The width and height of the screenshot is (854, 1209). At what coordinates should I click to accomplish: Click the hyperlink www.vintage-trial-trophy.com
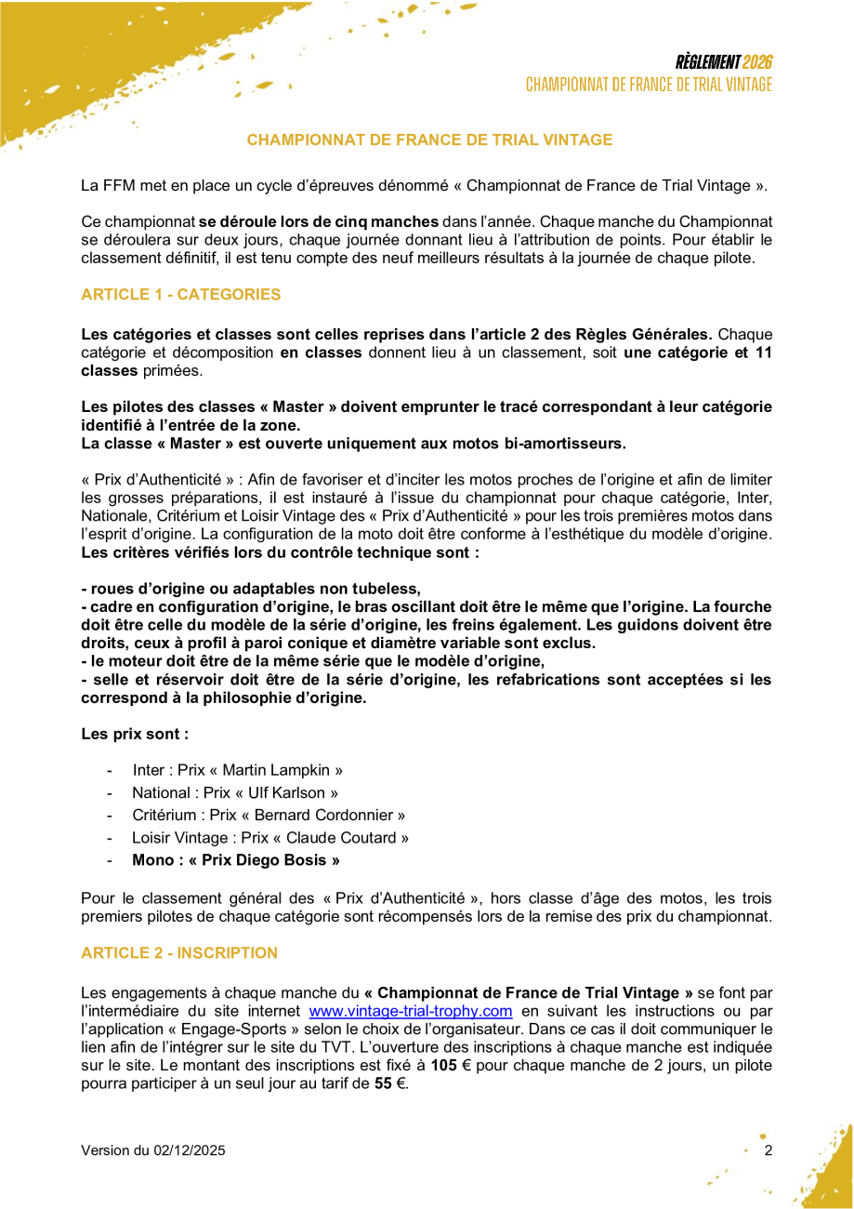[411, 1011]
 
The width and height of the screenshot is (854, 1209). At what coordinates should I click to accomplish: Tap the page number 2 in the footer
[768, 1150]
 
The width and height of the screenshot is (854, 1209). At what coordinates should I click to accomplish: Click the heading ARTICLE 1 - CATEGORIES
[180, 295]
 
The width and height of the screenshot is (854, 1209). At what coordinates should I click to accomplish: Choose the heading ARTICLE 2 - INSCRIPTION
[179, 953]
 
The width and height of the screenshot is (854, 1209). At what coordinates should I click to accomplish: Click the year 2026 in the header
[757, 62]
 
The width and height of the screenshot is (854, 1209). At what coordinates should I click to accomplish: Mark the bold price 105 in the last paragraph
[443, 1066]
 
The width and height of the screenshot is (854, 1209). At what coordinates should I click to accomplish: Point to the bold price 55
[383, 1084]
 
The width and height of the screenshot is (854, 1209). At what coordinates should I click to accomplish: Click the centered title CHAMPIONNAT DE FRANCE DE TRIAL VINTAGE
[429, 140]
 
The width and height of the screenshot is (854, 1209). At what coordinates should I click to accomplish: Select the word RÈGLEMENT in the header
[707, 62]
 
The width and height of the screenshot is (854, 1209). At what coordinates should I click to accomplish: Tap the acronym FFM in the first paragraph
[116, 185]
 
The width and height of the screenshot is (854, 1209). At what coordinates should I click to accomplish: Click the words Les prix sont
[135, 734]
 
